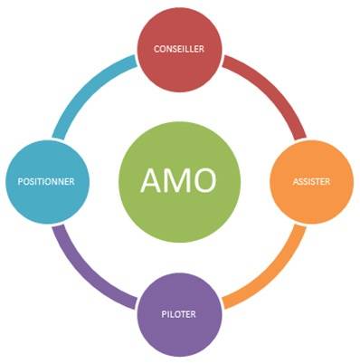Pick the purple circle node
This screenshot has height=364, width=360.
[x=179, y=314]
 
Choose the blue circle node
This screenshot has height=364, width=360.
[x=45, y=181]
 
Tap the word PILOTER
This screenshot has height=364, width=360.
[x=179, y=314]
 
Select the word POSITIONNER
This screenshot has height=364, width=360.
[x=45, y=181]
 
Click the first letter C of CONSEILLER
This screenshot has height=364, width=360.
[x=157, y=48]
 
